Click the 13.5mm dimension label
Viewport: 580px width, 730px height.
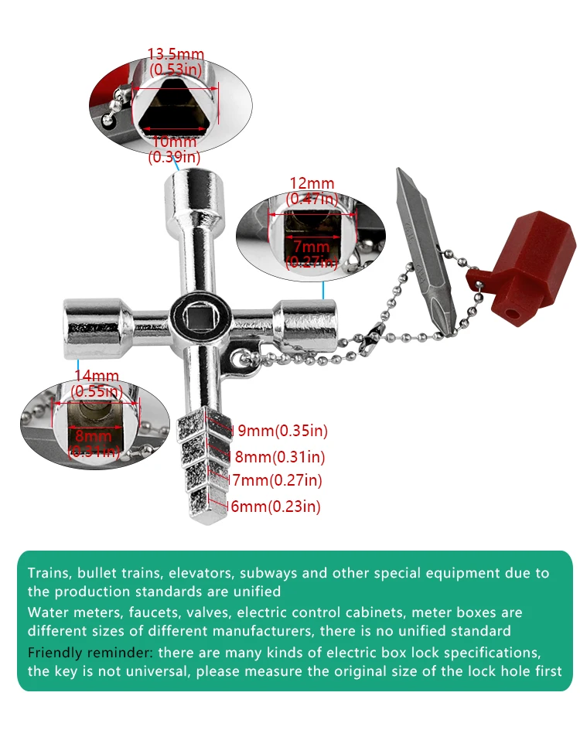(176, 54)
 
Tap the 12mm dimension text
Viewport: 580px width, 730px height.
(312, 183)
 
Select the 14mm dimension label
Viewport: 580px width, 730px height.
(97, 376)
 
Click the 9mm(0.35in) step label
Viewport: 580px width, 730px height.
(281, 430)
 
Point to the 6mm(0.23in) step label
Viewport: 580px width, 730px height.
(275, 507)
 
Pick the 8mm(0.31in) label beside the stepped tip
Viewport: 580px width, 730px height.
(279, 456)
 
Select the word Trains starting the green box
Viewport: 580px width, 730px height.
(47, 573)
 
